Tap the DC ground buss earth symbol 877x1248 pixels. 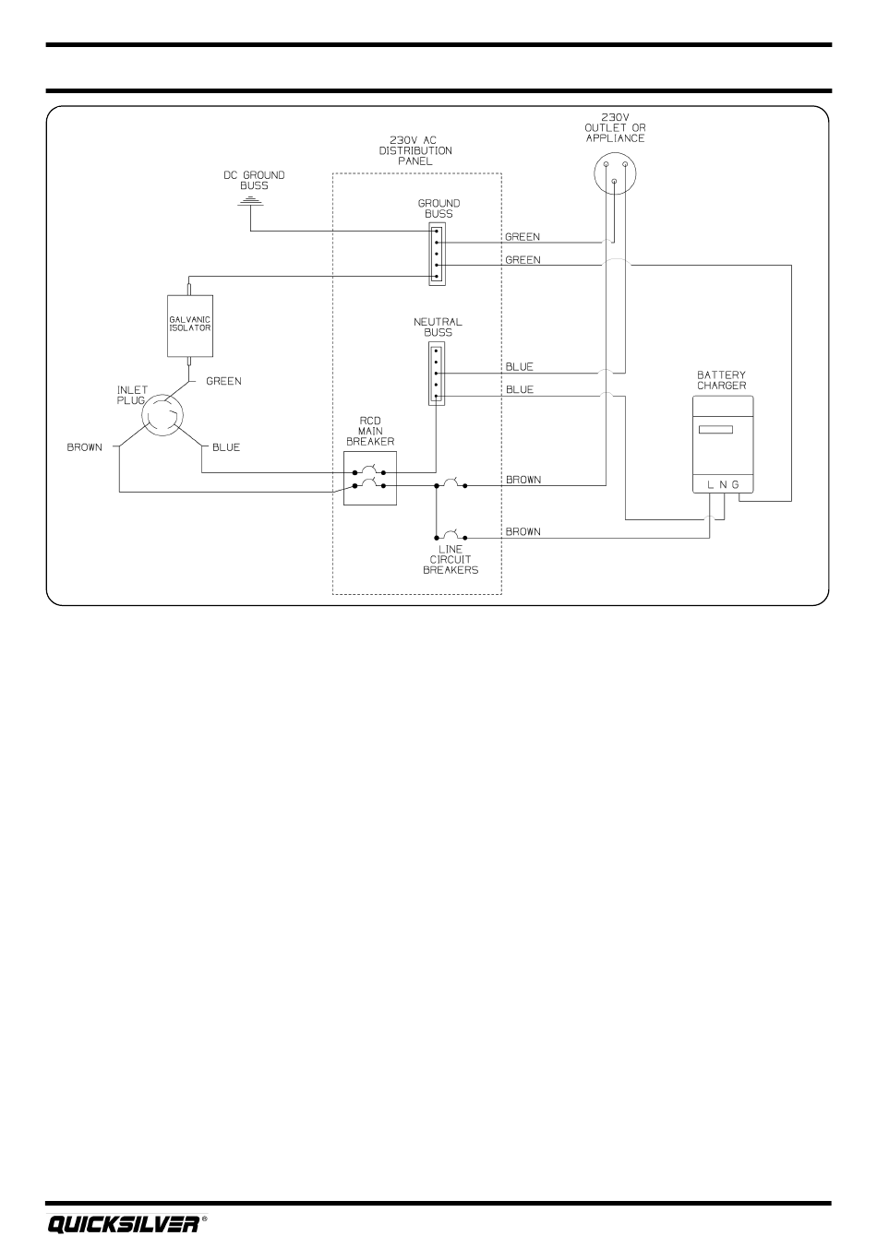pyautogui.click(x=250, y=201)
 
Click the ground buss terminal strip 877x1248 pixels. pyautogui.click(x=437, y=254)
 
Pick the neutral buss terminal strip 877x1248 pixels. pyautogui.click(x=437, y=374)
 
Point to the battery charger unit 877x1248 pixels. pyautogui.click(x=723, y=445)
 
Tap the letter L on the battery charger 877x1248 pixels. pyautogui.click(x=710, y=484)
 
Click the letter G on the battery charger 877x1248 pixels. pyautogui.click(x=736, y=484)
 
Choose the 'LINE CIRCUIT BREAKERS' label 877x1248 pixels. pyautogui.click(x=451, y=559)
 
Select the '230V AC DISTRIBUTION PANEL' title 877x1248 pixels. pyautogui.click(x=415, y=150)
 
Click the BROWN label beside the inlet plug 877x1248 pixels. pyautogui.click(x=85, y=447)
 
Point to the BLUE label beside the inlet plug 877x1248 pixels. pyautogui.click(x=226, y=447)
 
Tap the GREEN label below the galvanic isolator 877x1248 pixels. pyautogui.click(x=223, y=381)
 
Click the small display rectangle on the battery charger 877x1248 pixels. pyautogui.click(x=715, y=430)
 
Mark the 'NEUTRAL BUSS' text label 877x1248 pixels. pyautogui.click(x=438, y=327)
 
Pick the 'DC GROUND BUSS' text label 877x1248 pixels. pyautogui.click(x=254, y=180)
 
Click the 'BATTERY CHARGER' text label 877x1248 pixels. pyautogui.click(x=722, y=380)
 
